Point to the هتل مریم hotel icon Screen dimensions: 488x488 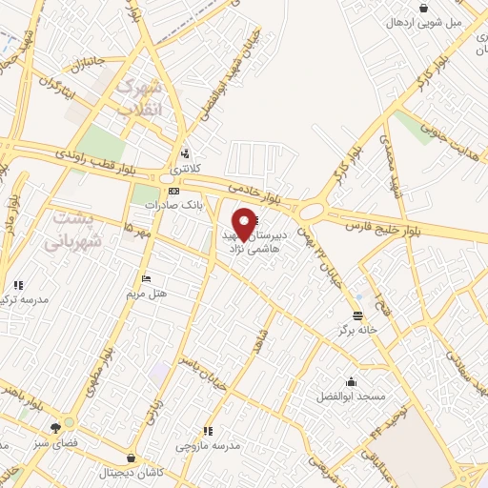pyautogui.click(x=145, y=278)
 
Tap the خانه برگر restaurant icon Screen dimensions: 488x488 pyautogui.click(x=357, y=315)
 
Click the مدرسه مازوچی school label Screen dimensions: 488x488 pyautogui.click(x=207, y=445)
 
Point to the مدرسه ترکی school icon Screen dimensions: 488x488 pyautogui.click(x=17, y=284)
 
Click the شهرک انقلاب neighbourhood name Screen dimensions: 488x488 pyautogui.click(x=139, y=97)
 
